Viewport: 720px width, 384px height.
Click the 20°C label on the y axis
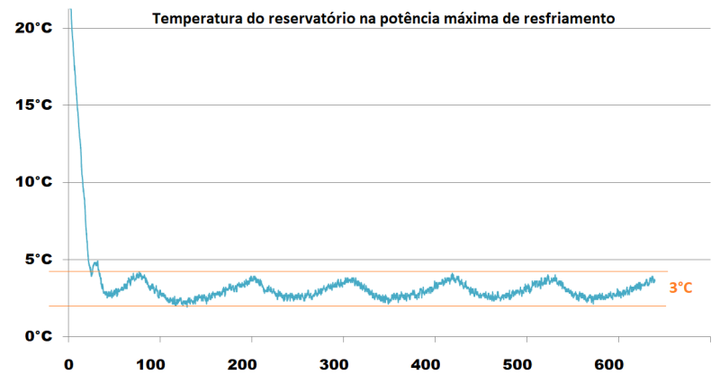34,27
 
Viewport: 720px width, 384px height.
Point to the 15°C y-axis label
34,105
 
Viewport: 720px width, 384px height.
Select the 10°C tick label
34,181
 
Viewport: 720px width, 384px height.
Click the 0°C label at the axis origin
38,335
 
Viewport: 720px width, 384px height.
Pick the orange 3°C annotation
680,288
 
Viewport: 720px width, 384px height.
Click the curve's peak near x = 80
139,274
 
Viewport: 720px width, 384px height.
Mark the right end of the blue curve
654,280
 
